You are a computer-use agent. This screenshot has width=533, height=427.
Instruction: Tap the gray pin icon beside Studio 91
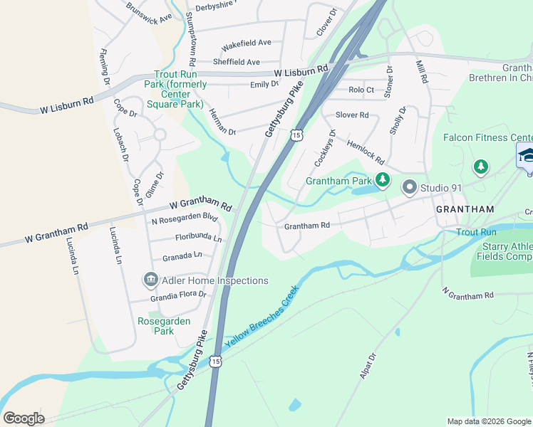coord(409,188)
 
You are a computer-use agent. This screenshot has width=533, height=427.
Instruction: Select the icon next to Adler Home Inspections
coord(150,280)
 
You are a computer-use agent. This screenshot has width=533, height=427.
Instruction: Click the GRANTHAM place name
coord(464,209)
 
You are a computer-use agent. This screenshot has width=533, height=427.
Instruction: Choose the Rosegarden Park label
coord(164,326)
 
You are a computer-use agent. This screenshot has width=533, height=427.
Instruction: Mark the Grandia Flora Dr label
coord(177,294)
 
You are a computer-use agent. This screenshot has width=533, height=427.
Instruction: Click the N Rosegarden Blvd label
coord(184,219)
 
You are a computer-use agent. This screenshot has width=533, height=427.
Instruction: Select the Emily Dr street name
coord(264,84)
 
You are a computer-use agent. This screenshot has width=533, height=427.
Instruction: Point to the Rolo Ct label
coord(361,90)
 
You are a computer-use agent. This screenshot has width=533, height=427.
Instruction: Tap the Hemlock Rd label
coord(366,151)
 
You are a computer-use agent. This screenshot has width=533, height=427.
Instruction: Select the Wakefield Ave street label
coord(246,43)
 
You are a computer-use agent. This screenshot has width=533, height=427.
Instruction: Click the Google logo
coord(24,418)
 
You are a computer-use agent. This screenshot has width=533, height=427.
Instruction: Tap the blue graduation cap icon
coord(526,154)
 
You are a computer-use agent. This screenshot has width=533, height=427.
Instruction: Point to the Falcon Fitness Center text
coord(488,137)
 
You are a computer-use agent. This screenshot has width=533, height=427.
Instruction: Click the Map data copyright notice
coord(488,421)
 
